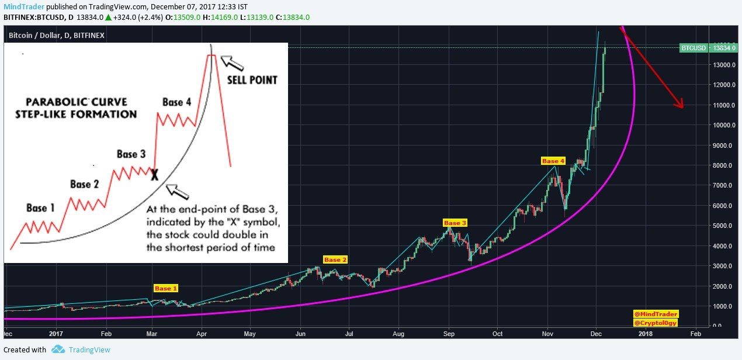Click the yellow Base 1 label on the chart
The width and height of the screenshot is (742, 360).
166,288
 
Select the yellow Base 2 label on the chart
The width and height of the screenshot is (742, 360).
335,259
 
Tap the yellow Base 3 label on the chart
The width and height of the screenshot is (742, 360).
455,223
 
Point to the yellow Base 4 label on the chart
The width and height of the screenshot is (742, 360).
553,161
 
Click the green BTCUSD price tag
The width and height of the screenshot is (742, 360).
694,48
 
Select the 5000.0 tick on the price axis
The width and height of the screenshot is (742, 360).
723,226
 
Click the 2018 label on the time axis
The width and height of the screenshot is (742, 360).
646,333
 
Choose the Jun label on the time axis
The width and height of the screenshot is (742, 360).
300,333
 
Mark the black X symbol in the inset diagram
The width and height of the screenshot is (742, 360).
154,174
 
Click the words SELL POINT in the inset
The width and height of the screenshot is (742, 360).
252,79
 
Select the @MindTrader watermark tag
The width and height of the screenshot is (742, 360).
656,314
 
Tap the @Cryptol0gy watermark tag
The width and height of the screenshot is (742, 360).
656,323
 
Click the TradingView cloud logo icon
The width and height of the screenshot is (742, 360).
58,349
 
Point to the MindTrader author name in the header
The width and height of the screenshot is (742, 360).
22,6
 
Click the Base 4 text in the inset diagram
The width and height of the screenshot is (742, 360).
176,102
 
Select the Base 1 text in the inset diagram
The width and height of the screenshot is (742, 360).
40,207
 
